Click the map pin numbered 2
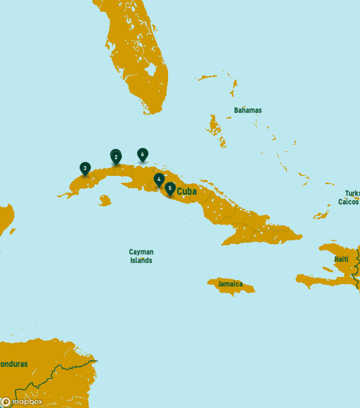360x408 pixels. [116, 157]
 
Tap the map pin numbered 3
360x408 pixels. [85, 168]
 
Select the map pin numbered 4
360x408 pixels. [159, 179]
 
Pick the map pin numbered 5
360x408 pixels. [170, 189]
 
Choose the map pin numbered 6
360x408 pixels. [142, 154]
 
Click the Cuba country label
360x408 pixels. [187, 191]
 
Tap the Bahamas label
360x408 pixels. [247, 110]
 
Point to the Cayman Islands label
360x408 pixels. [141, 256]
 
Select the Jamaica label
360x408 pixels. [230, 284]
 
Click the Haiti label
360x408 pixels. [341, 259]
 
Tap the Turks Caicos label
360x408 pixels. [349, 198]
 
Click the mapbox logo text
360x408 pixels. [27, 402]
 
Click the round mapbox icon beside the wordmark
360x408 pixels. [6, 402]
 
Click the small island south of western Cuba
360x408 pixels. [104, 201]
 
